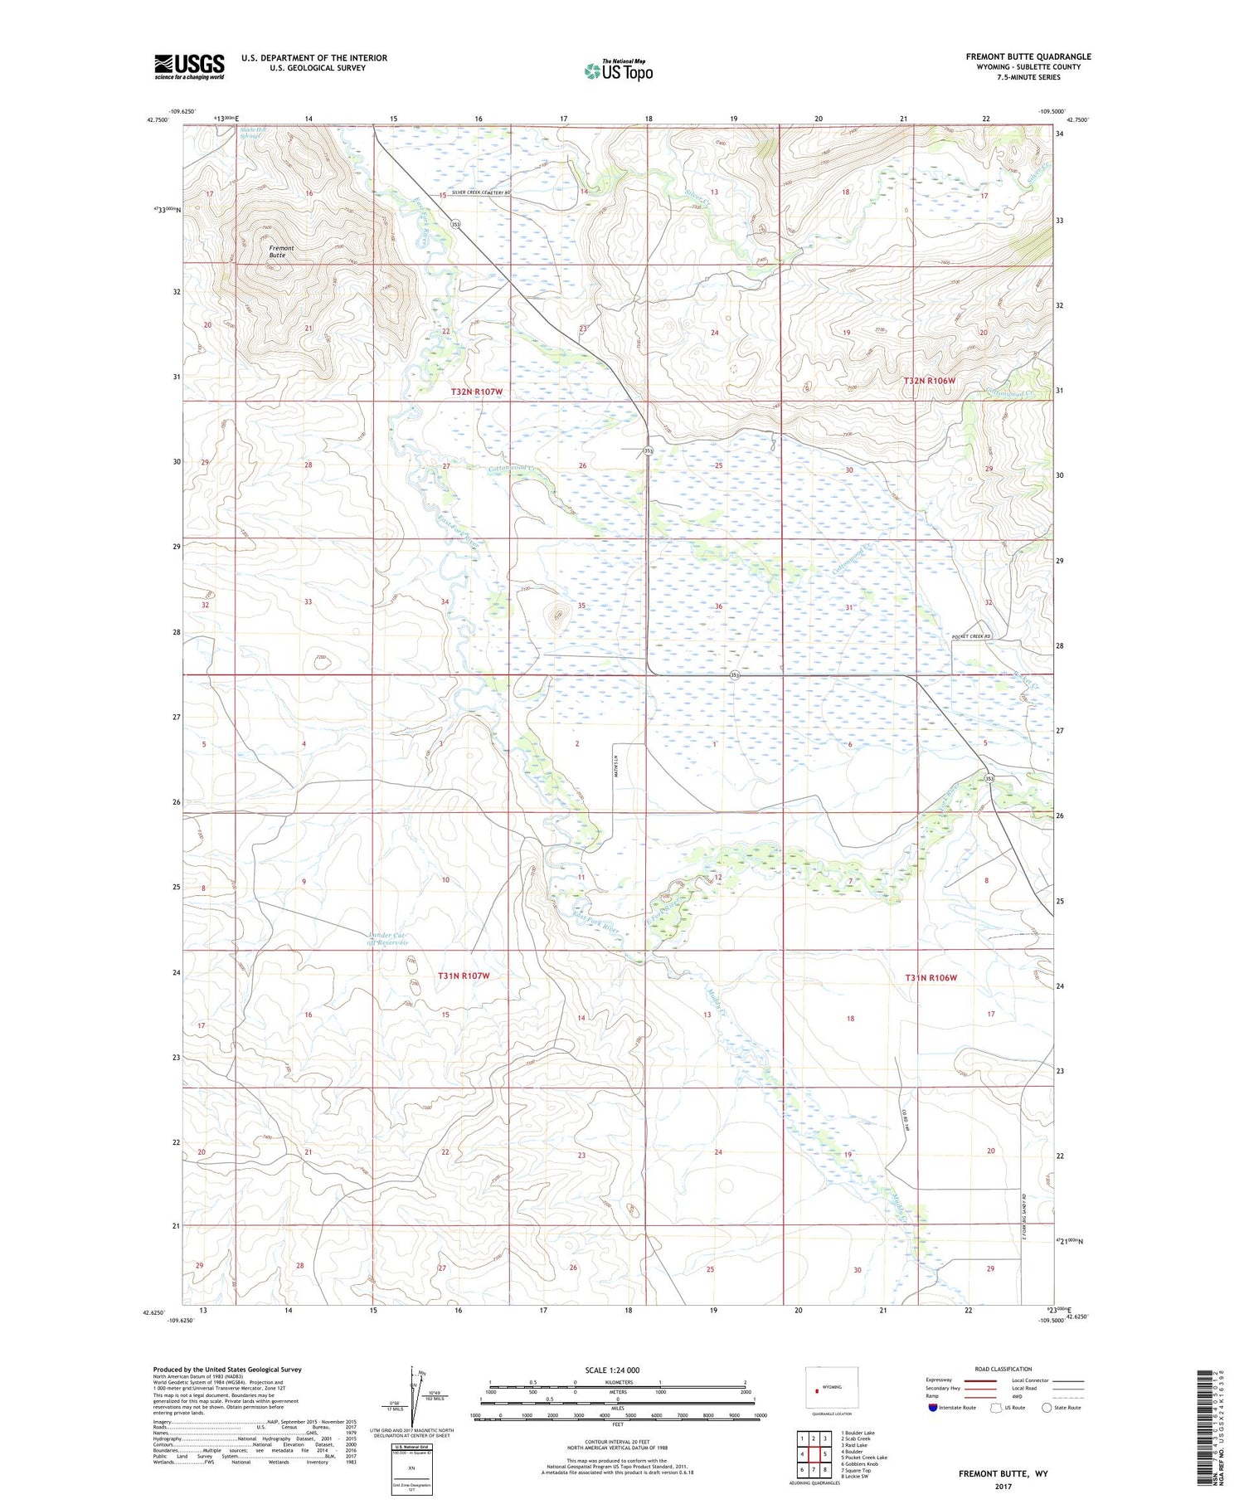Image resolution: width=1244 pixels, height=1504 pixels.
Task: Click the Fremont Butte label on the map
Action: coord(281,251)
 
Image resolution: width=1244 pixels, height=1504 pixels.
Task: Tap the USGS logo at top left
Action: coord(189,66)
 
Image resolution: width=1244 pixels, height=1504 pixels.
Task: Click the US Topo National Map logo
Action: coord(619,71)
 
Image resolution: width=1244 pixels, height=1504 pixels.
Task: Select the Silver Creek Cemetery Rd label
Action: coord(481,193)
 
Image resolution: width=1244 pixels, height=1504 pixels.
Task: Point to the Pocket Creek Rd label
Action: coord(971,636)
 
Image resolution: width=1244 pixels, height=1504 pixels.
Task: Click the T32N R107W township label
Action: coord(477,392)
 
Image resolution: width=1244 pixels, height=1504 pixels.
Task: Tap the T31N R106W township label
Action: coord(931,978)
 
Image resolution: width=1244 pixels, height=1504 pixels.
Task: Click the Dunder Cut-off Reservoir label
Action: coord(388,939)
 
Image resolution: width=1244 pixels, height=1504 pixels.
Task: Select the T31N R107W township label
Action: coord(464,976)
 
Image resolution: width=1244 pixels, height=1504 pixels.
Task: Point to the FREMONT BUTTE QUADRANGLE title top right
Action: coord(1028,56)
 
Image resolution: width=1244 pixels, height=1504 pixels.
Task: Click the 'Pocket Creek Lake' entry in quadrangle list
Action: coord(863,1458)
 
